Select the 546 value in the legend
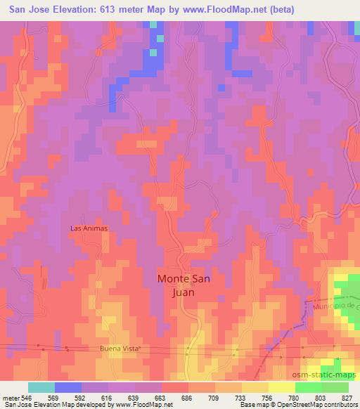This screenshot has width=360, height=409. (x=28, y=397)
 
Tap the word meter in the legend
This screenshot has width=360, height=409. (x=11, y=397)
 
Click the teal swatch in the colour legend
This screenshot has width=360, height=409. (x=41, y=387)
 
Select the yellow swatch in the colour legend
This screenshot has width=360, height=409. (x=255, y=387)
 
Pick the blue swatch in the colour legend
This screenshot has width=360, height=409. (x=68, y=387)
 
